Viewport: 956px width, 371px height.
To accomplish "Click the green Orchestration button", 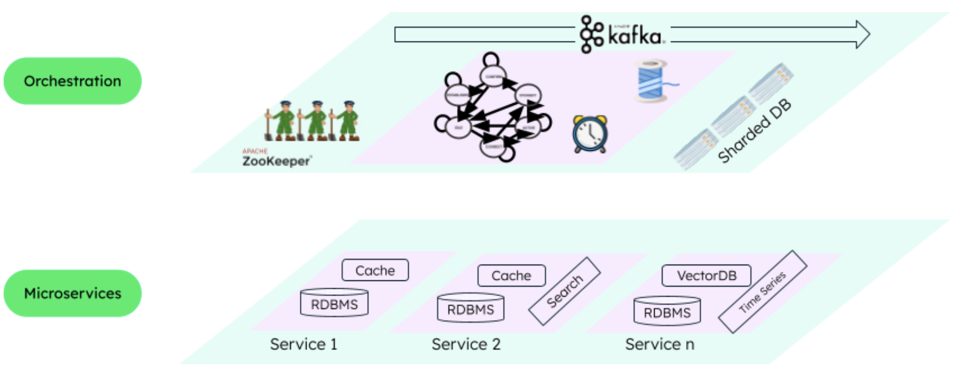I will pyautogui.click(x=72, y=81).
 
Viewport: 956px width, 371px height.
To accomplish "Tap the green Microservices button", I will pyautogui.click(x=72, y=293).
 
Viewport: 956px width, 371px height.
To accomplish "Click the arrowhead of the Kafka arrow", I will pyautogui.click(x=862, y=35).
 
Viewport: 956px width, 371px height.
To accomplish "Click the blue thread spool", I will pyautogui.click(x=651, y=80).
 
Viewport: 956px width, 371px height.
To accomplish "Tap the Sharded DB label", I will pyautogui.click(x=754, y=131).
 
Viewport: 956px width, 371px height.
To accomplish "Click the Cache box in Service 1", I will pyautogui.click(x=375, y=270).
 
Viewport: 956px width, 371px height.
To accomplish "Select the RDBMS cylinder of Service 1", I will pyautogui.click(x=334, y=303).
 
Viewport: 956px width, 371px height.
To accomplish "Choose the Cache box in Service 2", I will pyautogui.click(x=512, y=276).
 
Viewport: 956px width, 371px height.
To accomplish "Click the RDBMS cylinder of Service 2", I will pyautogui.click(x=471, y=309).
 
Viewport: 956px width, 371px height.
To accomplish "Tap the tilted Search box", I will pyautogui.click(x=564, y=291).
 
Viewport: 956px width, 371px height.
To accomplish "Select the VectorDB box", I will pyautogui.click(x=707, y=276).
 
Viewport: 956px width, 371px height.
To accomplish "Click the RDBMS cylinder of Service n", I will pyautogui.click(x=667, y=312).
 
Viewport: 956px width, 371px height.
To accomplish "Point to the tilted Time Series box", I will pyautogui.click(x=763, y=292).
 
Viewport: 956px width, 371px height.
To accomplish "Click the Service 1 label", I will pyautogui.click(x=303, y=344).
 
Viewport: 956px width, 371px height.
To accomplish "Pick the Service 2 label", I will pyautogui.click(x=466, y=344).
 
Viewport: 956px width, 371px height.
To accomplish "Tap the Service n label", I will pyautogui.click(x=659, y=344).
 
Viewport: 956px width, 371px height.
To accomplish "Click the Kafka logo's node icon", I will pyautogui.click(x=592, y=35).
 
